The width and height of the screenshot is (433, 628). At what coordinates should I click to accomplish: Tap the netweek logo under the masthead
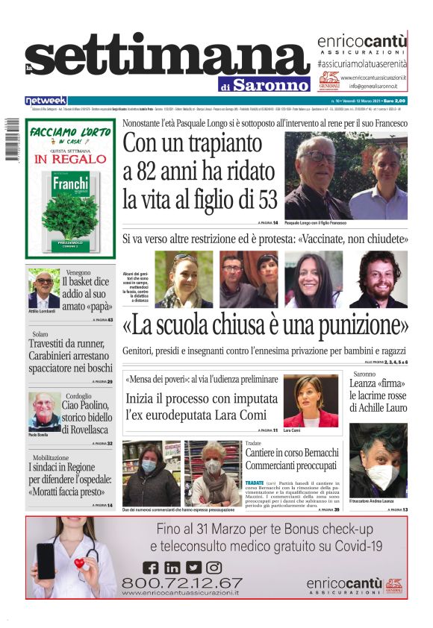click(x=46, y=101)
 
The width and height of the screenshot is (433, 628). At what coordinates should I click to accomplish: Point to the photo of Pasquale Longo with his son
click(x=346, y=175)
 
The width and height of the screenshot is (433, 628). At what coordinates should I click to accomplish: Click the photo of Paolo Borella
click(x=44, y=410)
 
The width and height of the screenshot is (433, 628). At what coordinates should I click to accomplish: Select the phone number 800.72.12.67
click(x=181, y=583)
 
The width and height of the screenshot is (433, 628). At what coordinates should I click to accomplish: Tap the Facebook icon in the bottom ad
click(x=151, y=568)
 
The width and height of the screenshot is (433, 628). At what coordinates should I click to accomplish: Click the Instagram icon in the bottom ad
click(x=214, y=568)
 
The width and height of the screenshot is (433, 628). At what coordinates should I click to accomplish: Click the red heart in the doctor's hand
click(x=78, y=563)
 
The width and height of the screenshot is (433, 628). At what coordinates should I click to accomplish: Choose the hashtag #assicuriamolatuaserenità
click(x=361, y=65)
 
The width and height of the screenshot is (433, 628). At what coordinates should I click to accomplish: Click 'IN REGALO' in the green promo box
click(x=70, y=159)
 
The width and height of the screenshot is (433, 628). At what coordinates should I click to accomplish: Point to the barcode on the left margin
click(x=11, y=143)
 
